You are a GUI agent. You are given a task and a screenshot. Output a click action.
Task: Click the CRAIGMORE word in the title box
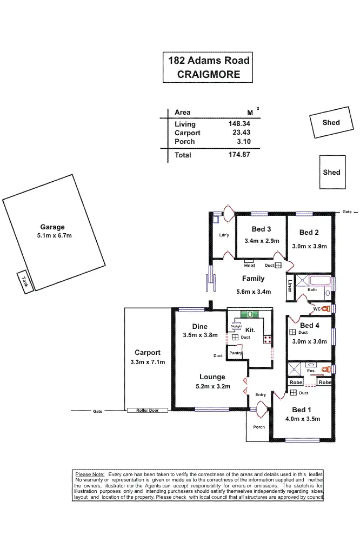tap(208, 75)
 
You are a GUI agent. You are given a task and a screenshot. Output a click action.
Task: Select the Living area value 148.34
tap(239, 124)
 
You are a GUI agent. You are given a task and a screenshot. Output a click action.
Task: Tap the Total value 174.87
tap(239, 155)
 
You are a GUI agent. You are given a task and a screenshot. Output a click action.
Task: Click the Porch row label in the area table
tap(184, 141)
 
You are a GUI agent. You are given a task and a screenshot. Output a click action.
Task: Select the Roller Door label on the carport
tap(147, 411)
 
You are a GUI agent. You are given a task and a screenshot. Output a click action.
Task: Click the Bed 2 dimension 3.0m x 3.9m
tap(309, 246)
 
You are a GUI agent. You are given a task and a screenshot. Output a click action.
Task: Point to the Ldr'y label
tap(224, 235)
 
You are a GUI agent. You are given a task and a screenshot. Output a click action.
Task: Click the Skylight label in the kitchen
tap(236, 327)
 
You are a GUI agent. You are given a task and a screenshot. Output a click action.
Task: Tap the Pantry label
tap(235, 353)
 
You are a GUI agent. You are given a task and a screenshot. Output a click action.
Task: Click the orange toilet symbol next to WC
tap(325, 308)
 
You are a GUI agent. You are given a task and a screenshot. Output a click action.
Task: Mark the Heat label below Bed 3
tap(249, 266)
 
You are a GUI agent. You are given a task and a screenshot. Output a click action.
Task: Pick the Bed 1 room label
tap(302, 410)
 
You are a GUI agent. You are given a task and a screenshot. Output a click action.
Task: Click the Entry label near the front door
tap(261, 394)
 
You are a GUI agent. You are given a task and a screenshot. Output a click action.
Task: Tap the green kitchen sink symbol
tap(250, 314)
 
